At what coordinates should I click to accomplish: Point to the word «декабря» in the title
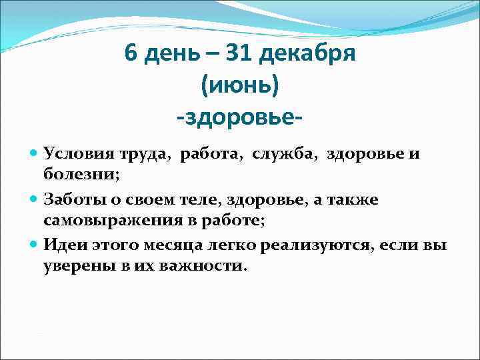309,55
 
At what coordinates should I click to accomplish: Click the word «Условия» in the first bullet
73,155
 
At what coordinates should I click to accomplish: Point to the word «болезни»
77,174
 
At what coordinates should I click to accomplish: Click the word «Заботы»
70,199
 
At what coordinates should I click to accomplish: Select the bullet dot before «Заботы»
34,199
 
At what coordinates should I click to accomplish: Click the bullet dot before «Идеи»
34,243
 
